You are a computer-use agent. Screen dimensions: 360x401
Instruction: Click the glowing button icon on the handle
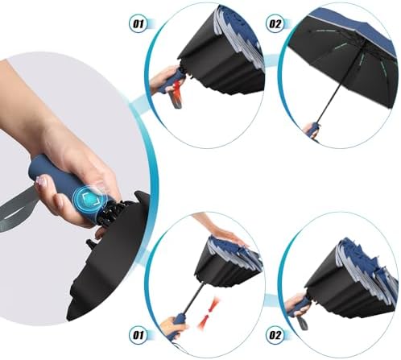coord(95,197)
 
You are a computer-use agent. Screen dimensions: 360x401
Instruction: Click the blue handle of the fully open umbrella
coord(312,127)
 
